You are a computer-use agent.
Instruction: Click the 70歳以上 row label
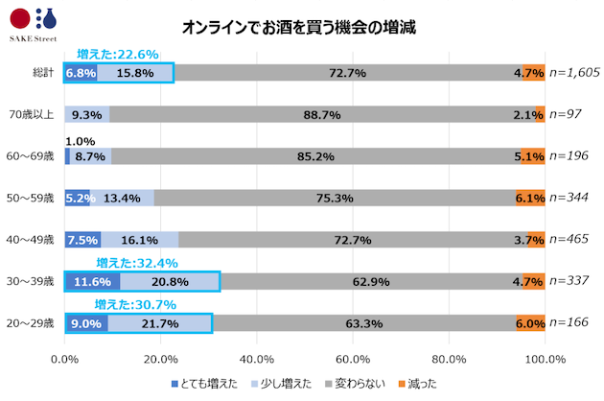click(x=37, y=115)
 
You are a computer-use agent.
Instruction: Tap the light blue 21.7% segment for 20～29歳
click(x=159, y=323)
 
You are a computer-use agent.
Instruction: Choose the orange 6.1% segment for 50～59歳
click(x=530, y=198)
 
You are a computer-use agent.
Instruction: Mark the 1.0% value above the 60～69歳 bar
click(x=81, y=140)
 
